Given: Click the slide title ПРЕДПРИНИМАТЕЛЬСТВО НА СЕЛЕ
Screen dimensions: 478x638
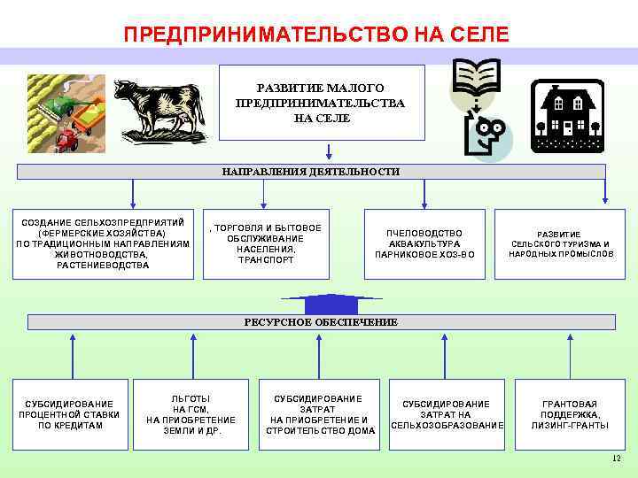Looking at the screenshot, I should point(317,35).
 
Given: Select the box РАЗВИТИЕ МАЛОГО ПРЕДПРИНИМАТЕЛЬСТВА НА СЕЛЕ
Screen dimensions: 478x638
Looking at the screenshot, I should point(321,103).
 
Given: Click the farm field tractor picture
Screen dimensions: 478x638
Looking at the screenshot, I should point(66,112).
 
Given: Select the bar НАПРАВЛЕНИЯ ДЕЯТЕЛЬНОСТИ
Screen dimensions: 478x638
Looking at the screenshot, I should point(322,172).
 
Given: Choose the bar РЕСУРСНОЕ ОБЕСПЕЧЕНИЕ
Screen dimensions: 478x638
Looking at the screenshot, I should point(320,322).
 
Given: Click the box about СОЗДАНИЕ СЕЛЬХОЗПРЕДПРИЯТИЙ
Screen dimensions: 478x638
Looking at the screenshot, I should point(103,243).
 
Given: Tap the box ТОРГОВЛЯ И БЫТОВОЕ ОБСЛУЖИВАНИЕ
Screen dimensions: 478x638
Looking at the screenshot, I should point(266,243).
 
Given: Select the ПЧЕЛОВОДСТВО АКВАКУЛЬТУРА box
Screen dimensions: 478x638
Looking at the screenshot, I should point(424,243).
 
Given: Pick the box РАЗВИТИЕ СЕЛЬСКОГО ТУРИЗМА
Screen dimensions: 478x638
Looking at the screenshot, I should point(560,243).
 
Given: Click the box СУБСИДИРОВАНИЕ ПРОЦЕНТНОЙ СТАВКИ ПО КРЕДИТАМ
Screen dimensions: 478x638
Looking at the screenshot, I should point(70,413).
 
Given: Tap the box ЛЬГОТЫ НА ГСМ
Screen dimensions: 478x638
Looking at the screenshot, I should point(191,413).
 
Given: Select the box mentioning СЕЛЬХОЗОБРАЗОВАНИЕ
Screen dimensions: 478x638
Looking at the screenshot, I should point(447,413).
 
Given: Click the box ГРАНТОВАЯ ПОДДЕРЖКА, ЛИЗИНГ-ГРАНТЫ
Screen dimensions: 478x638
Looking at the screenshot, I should point(570,413).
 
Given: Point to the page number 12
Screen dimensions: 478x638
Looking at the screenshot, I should point(616,459).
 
